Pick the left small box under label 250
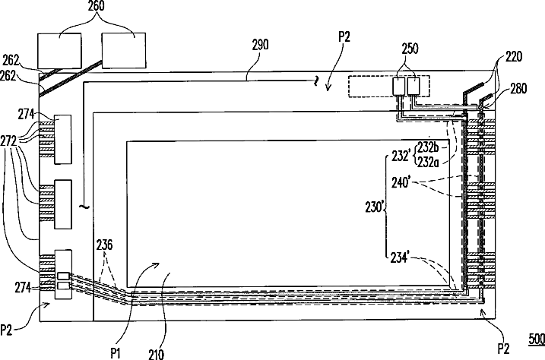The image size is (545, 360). [x=399, y=87]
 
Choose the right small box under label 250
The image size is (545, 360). [x=414, y=87]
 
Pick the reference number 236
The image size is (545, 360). [x=106, y=245]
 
